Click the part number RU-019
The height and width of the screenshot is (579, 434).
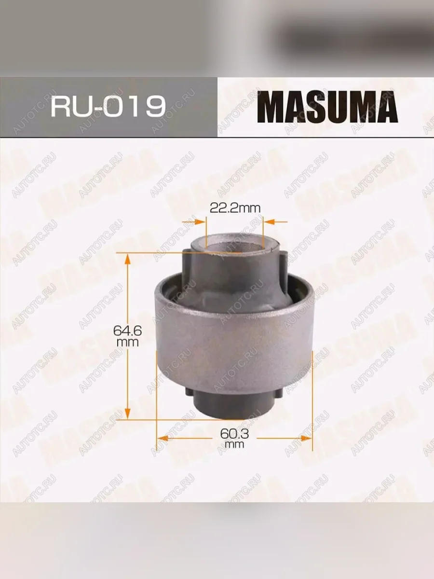click(x=108, y=106)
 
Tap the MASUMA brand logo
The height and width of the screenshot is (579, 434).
click(x=327, y=107)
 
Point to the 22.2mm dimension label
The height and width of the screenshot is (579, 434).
click(x=235, y=208)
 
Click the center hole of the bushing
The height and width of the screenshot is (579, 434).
click(x=234, y=248)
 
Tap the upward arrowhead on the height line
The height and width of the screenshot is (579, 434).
click(x=127, y=259)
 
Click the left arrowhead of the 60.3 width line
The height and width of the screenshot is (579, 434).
click(x=163, y=439)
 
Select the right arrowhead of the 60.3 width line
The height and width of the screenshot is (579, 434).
click(x=307, y=439)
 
